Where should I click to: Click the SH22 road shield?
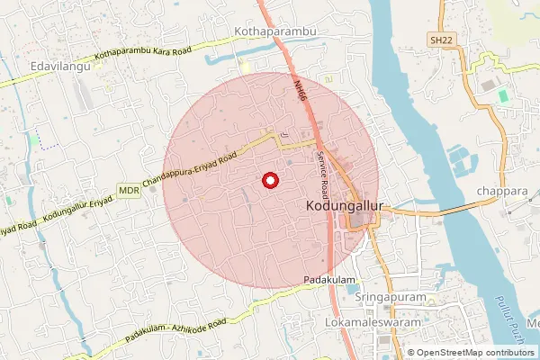tap(440, 40)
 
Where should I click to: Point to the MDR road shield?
tap(128, 191)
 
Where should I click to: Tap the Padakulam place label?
tap(329, 280)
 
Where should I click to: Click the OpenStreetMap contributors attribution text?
tap(477, 353)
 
